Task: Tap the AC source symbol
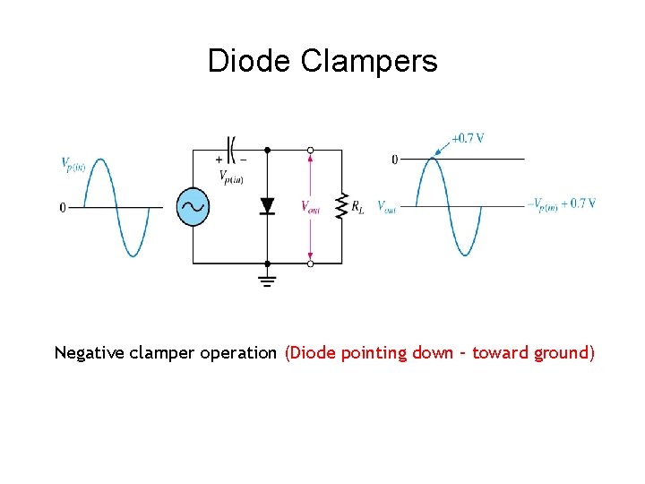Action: point(193,207)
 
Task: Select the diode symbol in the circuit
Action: point(267,206)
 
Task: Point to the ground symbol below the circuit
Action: point(267,280)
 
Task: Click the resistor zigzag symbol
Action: point(341,206)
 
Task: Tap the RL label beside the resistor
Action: point(357,207)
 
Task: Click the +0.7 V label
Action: point(468,138)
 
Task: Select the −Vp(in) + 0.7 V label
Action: point(563,204)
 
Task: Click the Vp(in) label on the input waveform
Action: point(73,164)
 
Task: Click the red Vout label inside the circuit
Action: point(311,207)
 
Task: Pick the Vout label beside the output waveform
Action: point(387,207)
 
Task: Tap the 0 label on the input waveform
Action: point(63,208)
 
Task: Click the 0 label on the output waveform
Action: point(395,160)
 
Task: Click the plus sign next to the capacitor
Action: point(219,160)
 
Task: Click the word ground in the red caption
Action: point(561,352)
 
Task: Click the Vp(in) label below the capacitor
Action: point(231,177)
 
